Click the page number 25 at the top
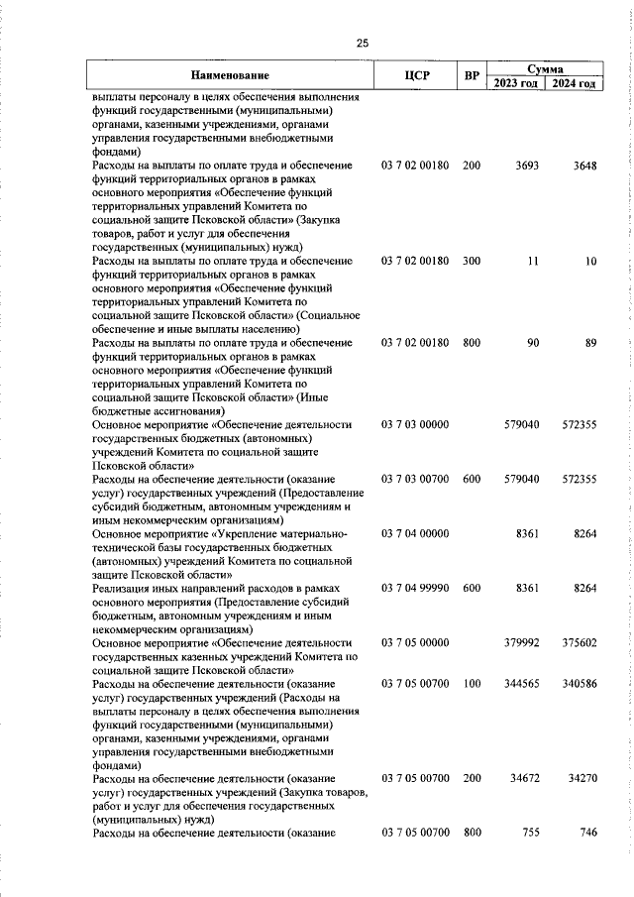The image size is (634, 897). [x=362, y=43]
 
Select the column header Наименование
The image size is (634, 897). [x=230, y=75]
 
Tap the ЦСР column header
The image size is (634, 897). [x=416, y=75]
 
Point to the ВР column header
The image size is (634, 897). [x=472, y=75]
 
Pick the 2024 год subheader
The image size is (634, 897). [x=575, y=83]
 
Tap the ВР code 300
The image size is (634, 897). [x=472, y=260]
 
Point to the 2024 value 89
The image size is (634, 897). [x=589, y=342]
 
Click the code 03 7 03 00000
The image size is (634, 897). [x=416, y=424]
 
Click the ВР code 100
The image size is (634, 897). [x=472, y=684]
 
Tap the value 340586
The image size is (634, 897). [x=579, y=684]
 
